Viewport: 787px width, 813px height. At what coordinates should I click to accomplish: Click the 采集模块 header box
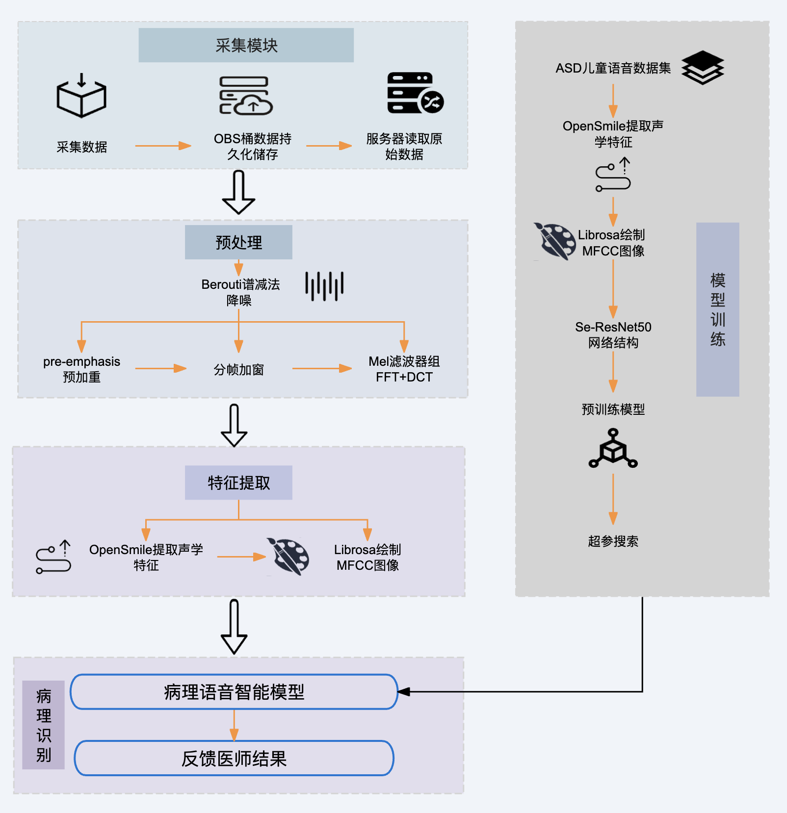[246, 45]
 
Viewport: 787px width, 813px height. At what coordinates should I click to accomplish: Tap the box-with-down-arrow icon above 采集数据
[81, 96]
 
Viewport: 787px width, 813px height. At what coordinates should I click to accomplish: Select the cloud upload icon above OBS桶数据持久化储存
[246, 96]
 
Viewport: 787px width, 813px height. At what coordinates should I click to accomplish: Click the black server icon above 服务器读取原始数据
[415, 93]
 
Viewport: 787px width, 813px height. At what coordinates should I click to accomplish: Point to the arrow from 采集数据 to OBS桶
[163, 146]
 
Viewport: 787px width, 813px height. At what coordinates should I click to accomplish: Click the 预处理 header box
[238, 242]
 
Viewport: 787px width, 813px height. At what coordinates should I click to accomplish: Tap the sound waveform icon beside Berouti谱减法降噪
[324, 286]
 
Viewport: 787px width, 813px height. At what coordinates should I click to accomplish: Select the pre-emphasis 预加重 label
[81, 369]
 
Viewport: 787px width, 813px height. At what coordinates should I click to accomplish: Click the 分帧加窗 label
[238, 370]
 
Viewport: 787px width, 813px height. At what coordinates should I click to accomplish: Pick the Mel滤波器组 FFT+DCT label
[404, 369]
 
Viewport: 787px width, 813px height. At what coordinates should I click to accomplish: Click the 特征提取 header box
[238, 483]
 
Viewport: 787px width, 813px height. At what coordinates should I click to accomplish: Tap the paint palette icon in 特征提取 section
[289, 557]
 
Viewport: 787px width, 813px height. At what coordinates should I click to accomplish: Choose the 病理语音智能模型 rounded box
[234, 692]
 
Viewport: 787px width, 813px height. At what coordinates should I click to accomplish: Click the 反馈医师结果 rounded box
[234, 758]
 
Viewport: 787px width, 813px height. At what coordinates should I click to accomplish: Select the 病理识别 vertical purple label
[44, 725]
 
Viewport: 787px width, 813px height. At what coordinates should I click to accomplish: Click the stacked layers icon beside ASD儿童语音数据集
[703, 68]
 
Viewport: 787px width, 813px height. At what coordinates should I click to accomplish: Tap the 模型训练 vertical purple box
[717, 309]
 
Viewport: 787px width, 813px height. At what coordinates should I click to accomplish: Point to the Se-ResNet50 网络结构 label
[613, 335]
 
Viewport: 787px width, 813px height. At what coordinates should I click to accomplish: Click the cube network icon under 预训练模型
[613, 449]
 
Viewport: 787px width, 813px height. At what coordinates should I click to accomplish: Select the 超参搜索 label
[613, 541]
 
